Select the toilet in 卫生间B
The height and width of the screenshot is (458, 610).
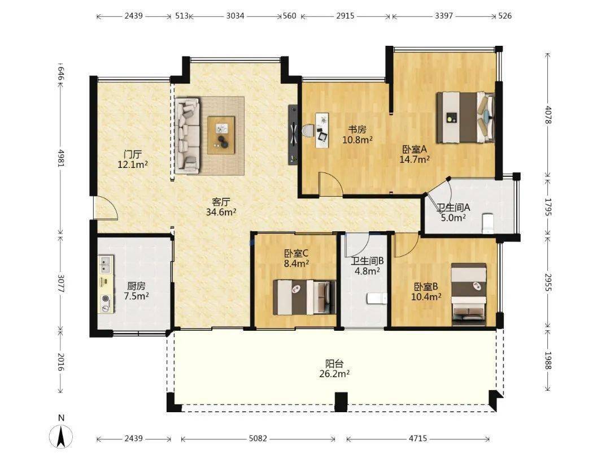click(x=377, y=299)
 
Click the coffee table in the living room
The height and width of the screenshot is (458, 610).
click(x=221, y=135)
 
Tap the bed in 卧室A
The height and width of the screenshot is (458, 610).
click(x=465, y=118)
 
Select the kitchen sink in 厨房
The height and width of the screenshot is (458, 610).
click(x=106, y=263)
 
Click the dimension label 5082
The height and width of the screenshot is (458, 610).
click(x=258, y=439)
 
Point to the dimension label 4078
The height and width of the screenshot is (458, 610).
click(x=548, y=115)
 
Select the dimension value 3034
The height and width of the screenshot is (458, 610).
click(x=236, y=16)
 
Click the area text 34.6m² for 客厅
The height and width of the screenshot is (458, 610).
click(x=221, y=212)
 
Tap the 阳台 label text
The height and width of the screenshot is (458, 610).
click(x=334, y=364)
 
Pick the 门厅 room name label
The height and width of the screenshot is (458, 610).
click(x=132, y=154)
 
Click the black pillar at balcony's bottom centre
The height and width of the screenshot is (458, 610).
click(x=341, y=402)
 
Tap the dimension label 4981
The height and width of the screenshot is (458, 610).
click(x=60, y=157)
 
